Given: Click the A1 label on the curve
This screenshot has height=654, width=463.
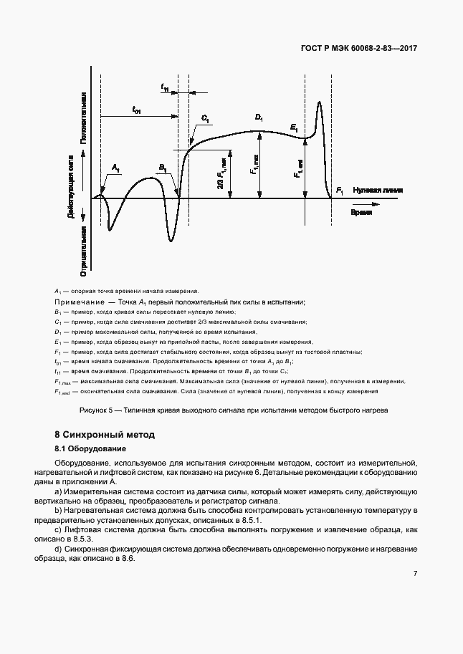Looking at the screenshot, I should click(116, 168).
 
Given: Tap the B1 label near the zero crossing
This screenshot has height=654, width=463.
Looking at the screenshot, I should click(163, 168).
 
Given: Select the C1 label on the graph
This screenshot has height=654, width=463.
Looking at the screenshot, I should click(206, 118).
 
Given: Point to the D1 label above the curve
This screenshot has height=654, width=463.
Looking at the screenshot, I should click(259, 117).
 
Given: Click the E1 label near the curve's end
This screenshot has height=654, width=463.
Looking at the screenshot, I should click(294, 127).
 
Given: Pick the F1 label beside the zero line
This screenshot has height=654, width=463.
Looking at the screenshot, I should click(340, 191).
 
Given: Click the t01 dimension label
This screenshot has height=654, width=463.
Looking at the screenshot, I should click(136, 110).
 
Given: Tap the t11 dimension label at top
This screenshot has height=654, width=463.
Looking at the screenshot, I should click(166, 87).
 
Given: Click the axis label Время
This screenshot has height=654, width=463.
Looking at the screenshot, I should click(361, 213).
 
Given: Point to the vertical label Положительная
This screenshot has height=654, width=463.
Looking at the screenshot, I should click(84, 117).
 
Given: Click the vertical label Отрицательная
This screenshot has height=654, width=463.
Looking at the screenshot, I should click(84, 251).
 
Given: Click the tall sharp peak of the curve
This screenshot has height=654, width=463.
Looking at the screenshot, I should click(318, 103).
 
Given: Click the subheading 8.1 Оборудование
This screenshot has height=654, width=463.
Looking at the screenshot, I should click(90, 449).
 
